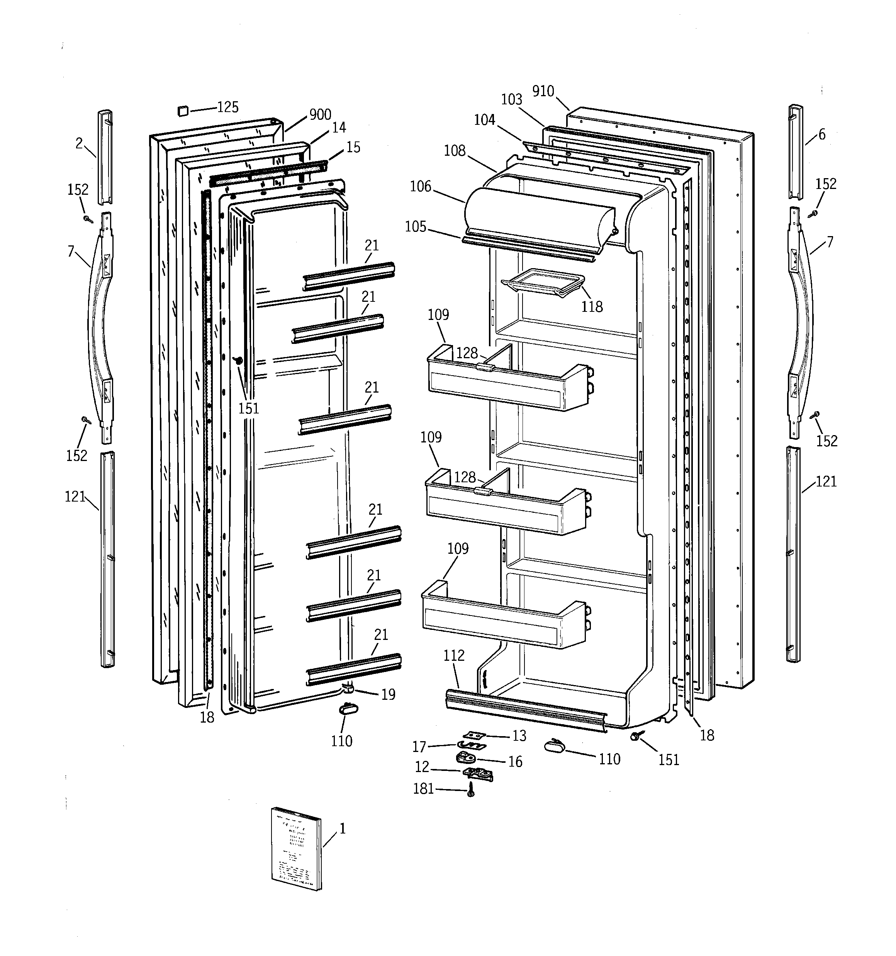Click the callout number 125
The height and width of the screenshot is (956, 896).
228,107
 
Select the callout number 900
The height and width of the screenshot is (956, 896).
320,114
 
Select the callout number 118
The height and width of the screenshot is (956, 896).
592,307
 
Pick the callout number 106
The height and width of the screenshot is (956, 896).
421,187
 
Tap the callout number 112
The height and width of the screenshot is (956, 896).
454,655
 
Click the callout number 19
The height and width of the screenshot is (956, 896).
388,694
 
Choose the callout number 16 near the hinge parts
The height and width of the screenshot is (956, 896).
515,762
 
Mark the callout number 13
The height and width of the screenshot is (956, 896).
519,736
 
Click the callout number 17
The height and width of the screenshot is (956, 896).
419,747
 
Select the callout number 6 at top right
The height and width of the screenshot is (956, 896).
822,134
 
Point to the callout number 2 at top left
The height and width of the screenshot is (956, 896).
79,143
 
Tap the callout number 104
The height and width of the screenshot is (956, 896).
485,120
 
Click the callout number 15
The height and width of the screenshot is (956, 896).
353,148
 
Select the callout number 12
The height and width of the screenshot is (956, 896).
422,767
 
